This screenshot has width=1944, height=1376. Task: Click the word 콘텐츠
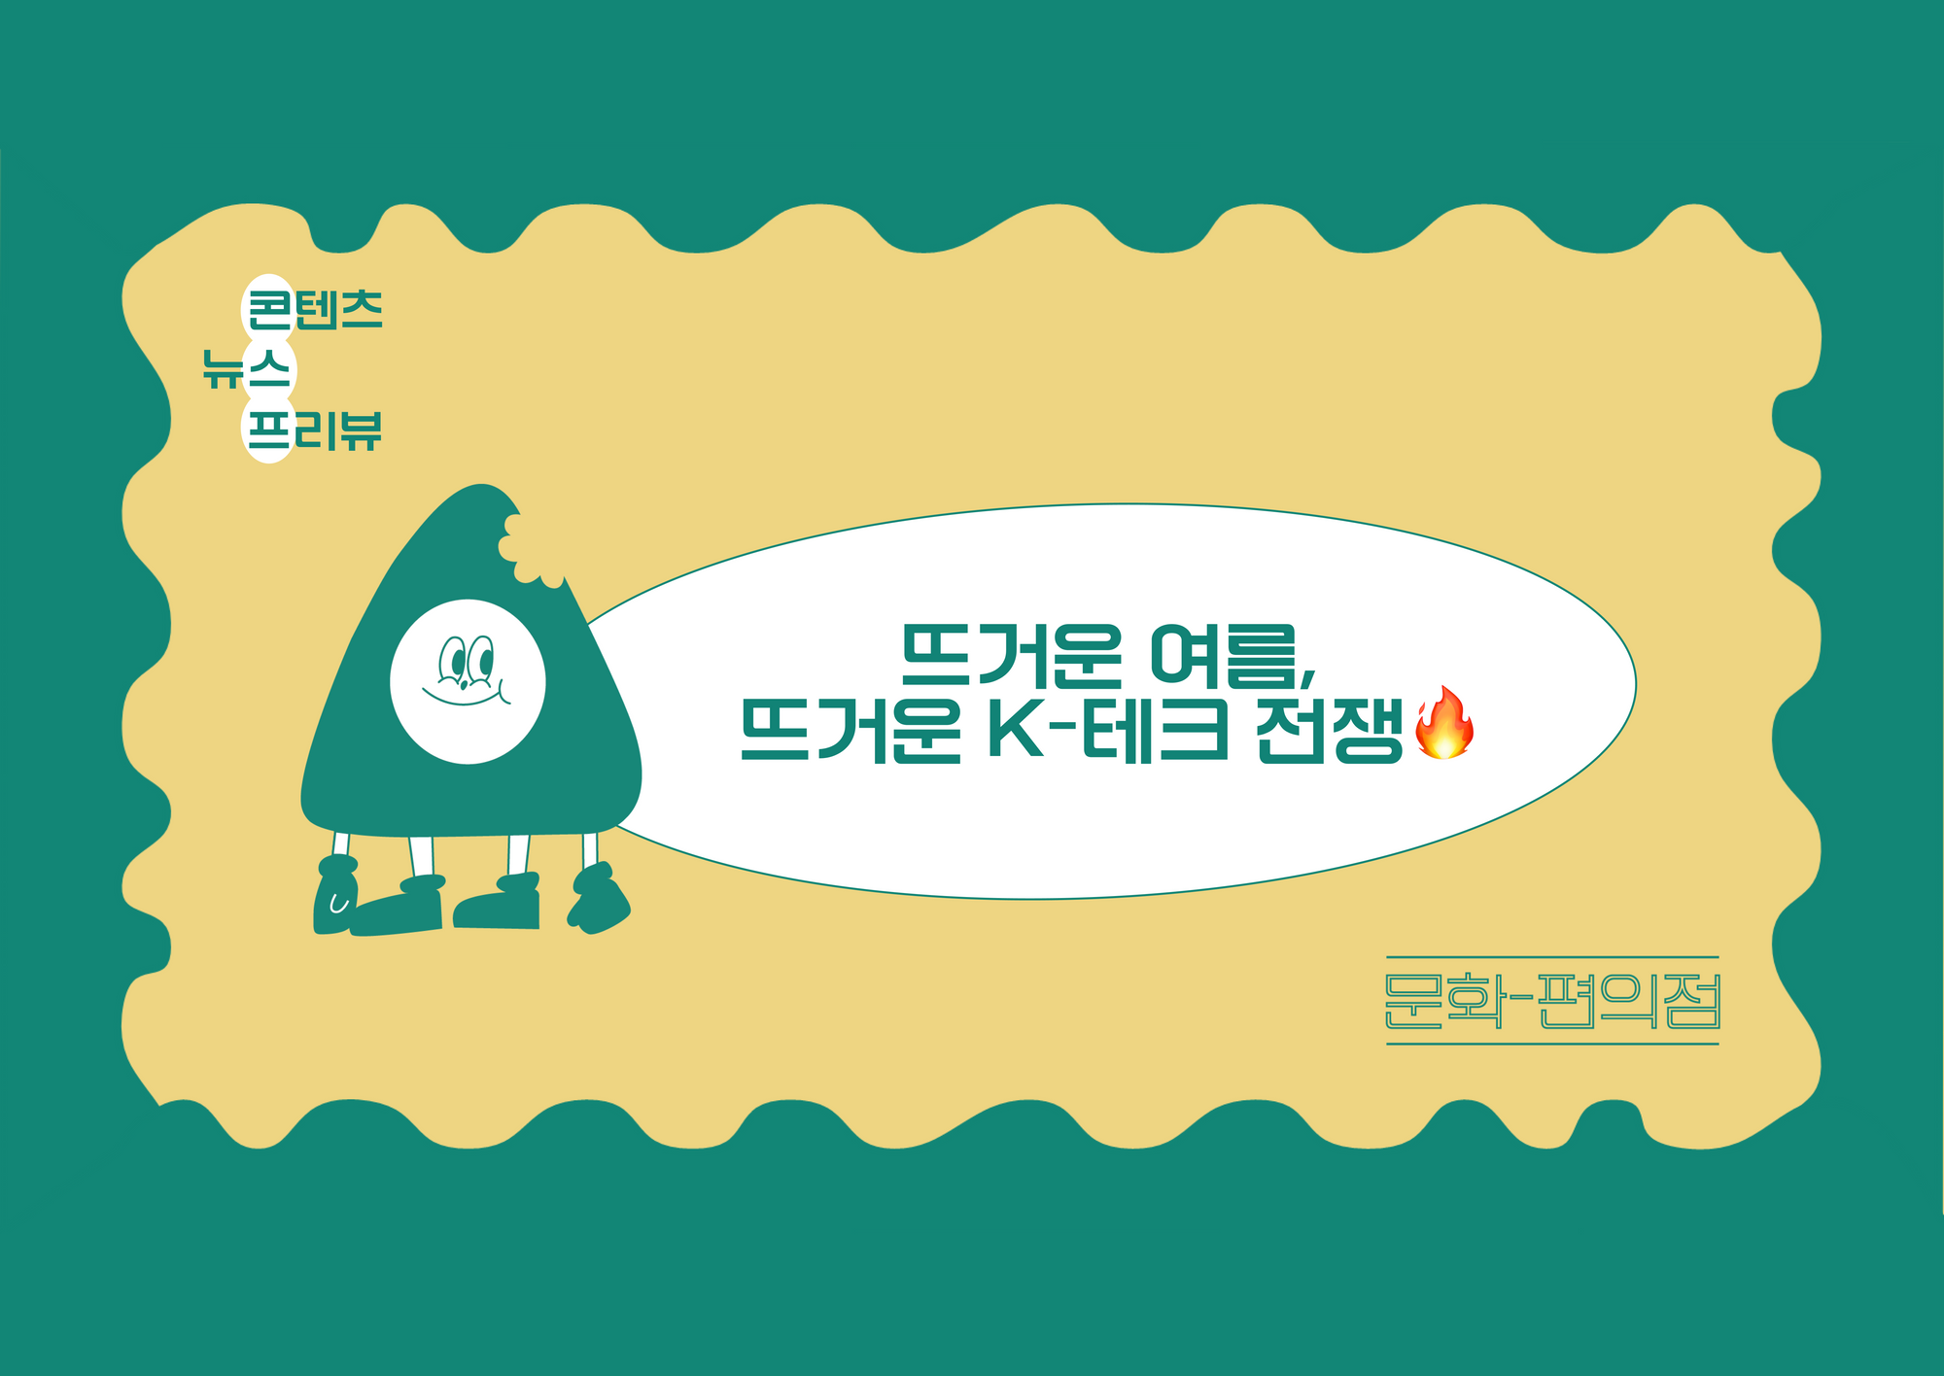(315, 310)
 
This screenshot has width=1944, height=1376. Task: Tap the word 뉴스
(247, 369)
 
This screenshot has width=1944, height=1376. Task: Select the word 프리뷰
(315, 430)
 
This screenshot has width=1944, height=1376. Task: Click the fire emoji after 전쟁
(1445, 722)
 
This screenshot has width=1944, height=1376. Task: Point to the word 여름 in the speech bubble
(1225, 656)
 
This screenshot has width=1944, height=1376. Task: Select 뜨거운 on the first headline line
(1012, 656)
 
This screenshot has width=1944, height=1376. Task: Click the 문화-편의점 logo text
(1552, 1001)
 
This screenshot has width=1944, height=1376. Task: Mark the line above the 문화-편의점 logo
(1552, 957)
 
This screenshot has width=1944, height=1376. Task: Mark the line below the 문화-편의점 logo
(1552, 1044)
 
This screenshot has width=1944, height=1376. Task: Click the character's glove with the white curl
(335, 896)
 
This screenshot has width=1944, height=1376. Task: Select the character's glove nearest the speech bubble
(599, 899)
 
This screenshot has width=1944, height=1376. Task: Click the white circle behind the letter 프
(268, 430)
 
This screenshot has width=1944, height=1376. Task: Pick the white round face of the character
(468, 681)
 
